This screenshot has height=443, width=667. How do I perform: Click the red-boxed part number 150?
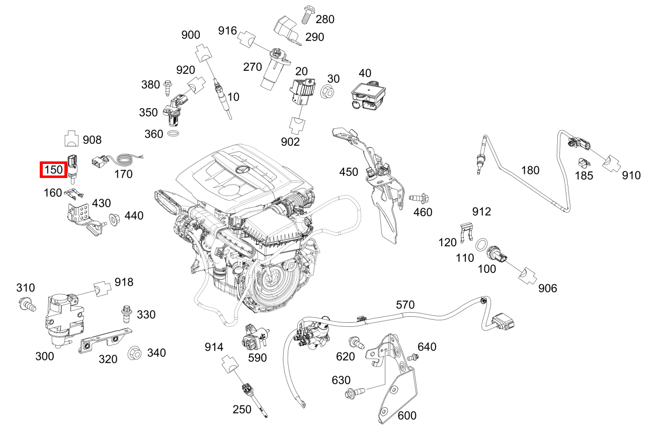(x=53, y=170)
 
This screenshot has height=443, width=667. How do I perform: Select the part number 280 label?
(x=325, y=19)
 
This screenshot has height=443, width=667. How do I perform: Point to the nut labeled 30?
(x=326, y=92)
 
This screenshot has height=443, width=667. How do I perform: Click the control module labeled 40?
(x=370, y=96)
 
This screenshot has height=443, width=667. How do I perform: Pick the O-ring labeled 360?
(x=174, y=134)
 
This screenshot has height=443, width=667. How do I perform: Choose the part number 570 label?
(x=405, y=304)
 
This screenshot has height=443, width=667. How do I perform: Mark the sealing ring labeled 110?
(x=481, y=245)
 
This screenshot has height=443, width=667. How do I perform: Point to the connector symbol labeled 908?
(x=72, y=139)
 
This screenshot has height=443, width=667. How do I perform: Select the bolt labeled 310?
(x=27, y=303)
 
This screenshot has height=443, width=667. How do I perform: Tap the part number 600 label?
(x=407, y=415)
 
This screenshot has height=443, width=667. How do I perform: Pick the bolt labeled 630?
(x=352, y=393)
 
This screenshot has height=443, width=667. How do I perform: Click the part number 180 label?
(x=530, y=170)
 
